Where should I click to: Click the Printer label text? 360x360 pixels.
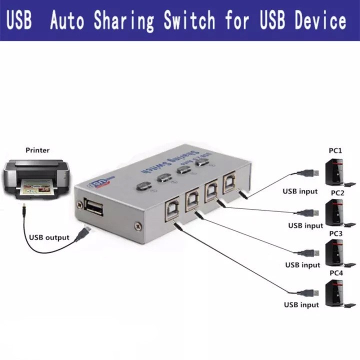tap(37, 150)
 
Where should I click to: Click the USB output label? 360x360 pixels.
tap(49, 237)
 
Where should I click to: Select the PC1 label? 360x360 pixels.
tap(335, 150)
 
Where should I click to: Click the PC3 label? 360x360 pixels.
tap(335, 233)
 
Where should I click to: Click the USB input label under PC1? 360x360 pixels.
tap(300, 191)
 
